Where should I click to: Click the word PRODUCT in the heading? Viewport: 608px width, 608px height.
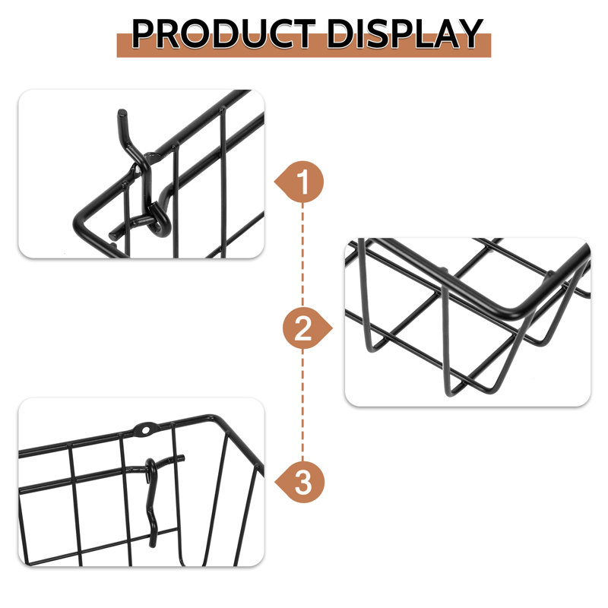(x=223, y=33)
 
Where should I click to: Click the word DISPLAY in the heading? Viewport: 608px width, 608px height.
(x=405, y=33)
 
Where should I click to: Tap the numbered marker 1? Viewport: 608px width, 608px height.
(x=299, y=182)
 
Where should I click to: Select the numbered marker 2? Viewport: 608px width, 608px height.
(x=307, y=329)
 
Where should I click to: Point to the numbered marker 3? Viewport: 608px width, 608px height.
(x=299, y=482)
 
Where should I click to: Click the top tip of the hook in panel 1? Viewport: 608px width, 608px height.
(x=122, y=112)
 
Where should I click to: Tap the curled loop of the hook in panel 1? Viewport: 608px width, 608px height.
(x=160, y=219)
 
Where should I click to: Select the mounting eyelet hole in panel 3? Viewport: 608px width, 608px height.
(x=145, y=429)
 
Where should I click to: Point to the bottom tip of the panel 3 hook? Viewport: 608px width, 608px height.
(x=153, y=545)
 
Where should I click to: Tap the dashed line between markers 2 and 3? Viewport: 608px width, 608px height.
(x=302, y=405)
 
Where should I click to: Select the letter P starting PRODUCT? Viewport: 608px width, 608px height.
(x=144, y=33)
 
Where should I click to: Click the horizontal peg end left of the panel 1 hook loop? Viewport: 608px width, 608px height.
(x=112, y=236)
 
